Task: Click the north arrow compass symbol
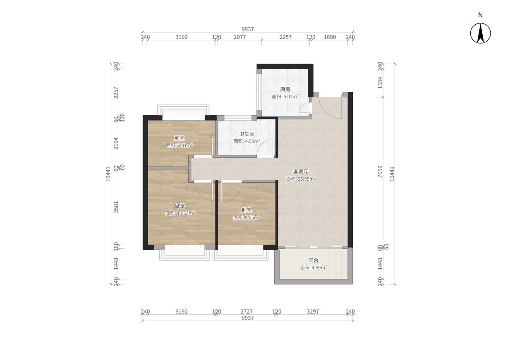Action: pyautogui.click(x=480, y=33)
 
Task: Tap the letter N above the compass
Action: pyautogui.click(x=480, y=15)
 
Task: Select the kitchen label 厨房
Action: pyautogui.click(x=285, y=89)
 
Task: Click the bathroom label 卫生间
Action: pyautogui.click(x=247, y=134)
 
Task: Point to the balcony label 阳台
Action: pyautogui.click(x=313, y=260)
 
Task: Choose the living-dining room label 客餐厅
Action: pyautogui.click(x=301, y=172)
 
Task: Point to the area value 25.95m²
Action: pyautogui.click(x=306, y=179)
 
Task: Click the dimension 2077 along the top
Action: pyautogui.click(x=240, y=37)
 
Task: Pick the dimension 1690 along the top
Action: pyautogui.click(x=330, y=37)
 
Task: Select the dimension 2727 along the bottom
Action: pyautogui.click(x=247, y=311)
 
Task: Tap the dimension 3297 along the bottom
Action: pyautogui.click(x=313, y=311)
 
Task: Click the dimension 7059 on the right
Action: pyautogui.click(x=380, y=172)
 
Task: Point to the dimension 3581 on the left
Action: pyautogui.click(x=116, y=207)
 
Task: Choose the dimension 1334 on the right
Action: pyautogui.click(x=380, y=83)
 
